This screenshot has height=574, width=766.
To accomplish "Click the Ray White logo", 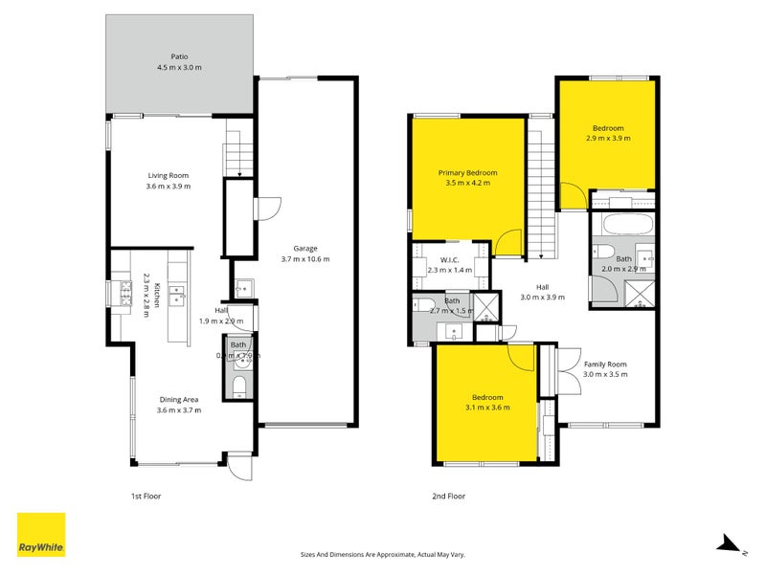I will (41, 535).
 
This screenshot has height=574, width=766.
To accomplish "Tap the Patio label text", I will (181, 57).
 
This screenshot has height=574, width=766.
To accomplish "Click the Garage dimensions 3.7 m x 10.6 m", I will (305, 259).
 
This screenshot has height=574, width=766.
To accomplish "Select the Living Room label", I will (168, 175).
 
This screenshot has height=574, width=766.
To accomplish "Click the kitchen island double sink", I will (177, 294).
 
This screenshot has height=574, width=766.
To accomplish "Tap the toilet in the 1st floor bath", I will (239, 386).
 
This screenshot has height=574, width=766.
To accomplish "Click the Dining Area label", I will (177, 399).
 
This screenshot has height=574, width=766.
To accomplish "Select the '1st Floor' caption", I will (146, 497).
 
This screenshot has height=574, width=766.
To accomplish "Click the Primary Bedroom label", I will (467, 173).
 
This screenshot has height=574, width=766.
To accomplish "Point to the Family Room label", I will (605, 364).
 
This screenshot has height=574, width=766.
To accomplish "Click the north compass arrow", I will (730, 544).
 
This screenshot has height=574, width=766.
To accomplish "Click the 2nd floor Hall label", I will (542, 286).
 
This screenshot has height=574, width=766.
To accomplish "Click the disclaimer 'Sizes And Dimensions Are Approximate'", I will (356, 554).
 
